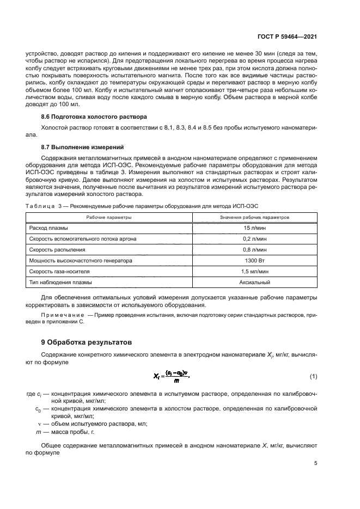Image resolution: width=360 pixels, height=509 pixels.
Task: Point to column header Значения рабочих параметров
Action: (254, 217)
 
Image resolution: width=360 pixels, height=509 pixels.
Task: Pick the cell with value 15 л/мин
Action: (254, 228)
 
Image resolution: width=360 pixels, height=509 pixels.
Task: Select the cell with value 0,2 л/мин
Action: (254, 238)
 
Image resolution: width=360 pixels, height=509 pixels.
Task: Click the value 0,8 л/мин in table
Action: (254, 249)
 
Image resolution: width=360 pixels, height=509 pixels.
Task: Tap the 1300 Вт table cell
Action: (254, 260)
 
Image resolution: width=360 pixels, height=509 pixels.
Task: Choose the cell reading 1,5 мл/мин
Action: (254, 271)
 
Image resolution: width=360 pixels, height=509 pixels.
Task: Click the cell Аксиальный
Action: (254, 283)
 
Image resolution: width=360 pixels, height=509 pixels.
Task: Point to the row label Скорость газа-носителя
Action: (59, 271)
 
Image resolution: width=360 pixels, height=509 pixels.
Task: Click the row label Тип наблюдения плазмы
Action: (60, 283)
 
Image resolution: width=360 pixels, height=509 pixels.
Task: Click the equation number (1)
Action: (313, 376)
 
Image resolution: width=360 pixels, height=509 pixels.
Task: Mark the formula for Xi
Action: (173, 376)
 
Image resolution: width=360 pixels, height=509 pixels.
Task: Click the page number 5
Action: (315, 464)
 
